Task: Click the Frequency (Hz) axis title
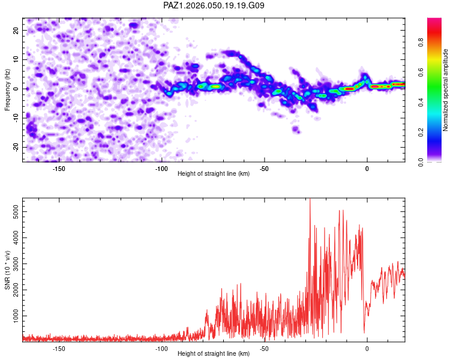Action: tap(7, 90)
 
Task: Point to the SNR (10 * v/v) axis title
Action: tap(7, 271)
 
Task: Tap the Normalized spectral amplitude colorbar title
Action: tap(446, 91)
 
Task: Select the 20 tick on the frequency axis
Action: tap(16, 30)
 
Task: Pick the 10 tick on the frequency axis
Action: tap(16, 59)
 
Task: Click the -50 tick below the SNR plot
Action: tap(264, 348)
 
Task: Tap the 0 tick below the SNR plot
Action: tap(367, 348)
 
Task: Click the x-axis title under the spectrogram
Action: tap(214, 175)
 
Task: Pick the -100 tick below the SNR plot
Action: tap(161, 348)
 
